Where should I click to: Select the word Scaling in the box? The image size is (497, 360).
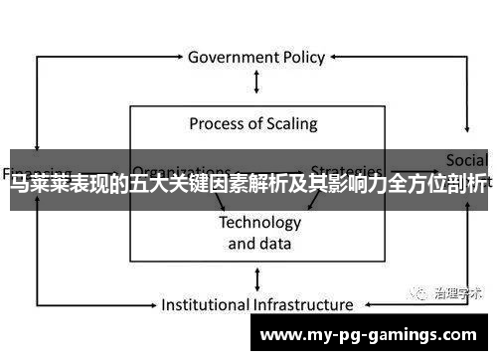tap(290, 124)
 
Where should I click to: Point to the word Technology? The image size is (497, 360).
tap(259, 222)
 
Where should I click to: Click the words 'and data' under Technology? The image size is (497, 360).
tap(259, 243)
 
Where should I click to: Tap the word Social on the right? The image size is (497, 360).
tap(466, 160)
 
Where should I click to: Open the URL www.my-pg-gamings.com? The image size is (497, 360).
tap(367, 336)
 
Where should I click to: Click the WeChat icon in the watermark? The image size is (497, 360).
tap(411, 293)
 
